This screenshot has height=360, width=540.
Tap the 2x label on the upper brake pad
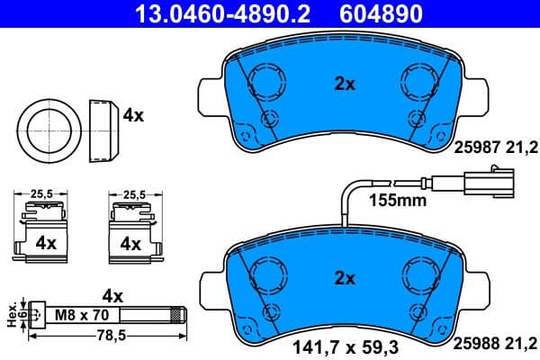[x=346, y=84]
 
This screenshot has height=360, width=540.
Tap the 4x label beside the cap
[x=134, y=115]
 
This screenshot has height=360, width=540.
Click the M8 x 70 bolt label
[x=84, y=315]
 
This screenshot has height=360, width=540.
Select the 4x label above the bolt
[x=113, y=294]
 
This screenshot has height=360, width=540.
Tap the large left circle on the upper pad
[x=265, y=83]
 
